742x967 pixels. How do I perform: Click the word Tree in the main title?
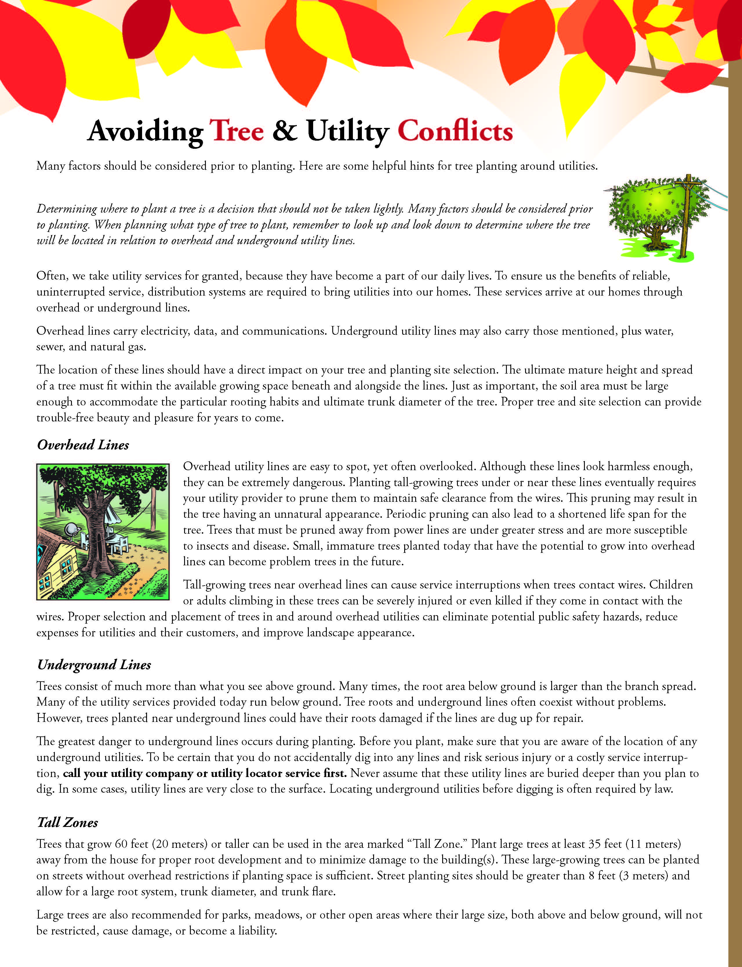click(236, 131)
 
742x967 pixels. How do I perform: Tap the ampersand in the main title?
click(285, 131)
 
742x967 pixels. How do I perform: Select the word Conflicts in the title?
click(455, 131)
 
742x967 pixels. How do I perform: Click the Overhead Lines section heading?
click(83, 445)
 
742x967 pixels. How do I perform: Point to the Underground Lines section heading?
click(94, 665)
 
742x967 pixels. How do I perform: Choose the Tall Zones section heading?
click(68, 823)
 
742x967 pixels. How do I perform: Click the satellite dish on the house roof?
click(71, 530)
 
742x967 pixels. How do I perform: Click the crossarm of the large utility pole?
click(688, 182)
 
